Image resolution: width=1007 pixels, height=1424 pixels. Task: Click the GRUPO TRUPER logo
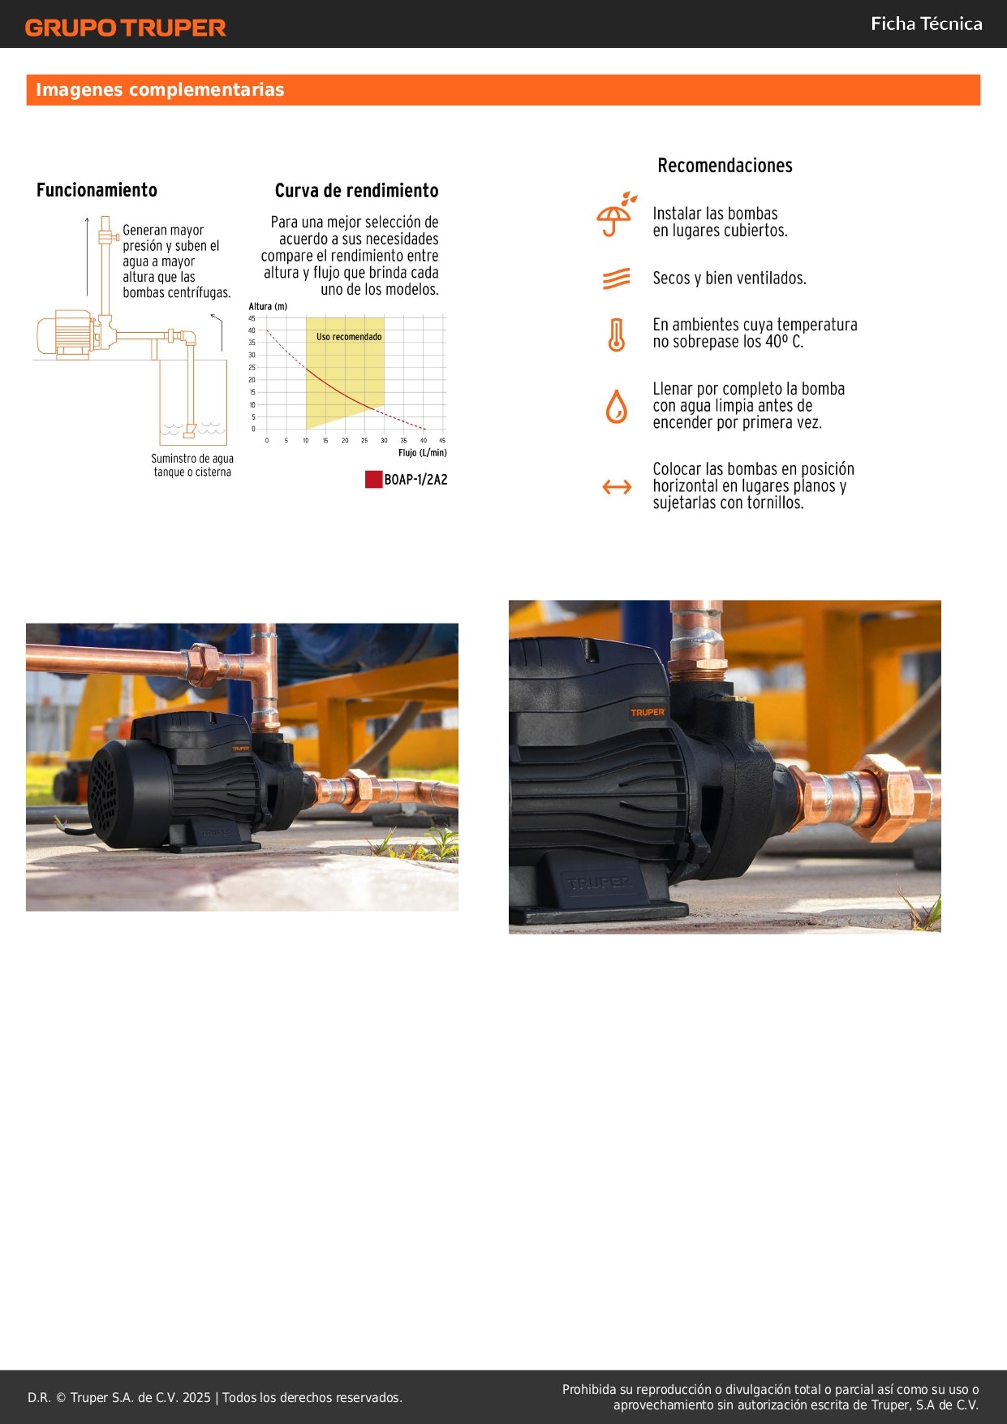125,28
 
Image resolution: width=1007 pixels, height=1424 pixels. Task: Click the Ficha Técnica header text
926,24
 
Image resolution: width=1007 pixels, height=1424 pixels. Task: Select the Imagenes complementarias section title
160,90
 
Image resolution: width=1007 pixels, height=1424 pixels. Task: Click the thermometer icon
617,334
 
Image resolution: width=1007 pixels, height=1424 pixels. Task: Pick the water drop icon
617,406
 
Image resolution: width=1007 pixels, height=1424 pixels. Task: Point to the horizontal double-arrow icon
617,487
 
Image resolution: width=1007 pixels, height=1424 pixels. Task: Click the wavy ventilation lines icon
617,278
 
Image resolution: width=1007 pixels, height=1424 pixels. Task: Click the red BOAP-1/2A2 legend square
373,480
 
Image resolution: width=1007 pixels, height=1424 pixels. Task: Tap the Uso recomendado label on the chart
349,337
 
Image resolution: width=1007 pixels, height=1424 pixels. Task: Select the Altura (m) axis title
268,307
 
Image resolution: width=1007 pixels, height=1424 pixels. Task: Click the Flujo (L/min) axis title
422,453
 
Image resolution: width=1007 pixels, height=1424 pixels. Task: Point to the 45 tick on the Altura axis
252,319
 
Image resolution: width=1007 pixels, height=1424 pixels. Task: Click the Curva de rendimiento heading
356,191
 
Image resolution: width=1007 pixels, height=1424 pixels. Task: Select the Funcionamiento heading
97,190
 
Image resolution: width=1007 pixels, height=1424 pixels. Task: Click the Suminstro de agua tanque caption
192,465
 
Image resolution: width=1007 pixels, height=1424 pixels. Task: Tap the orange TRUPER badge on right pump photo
648,713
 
